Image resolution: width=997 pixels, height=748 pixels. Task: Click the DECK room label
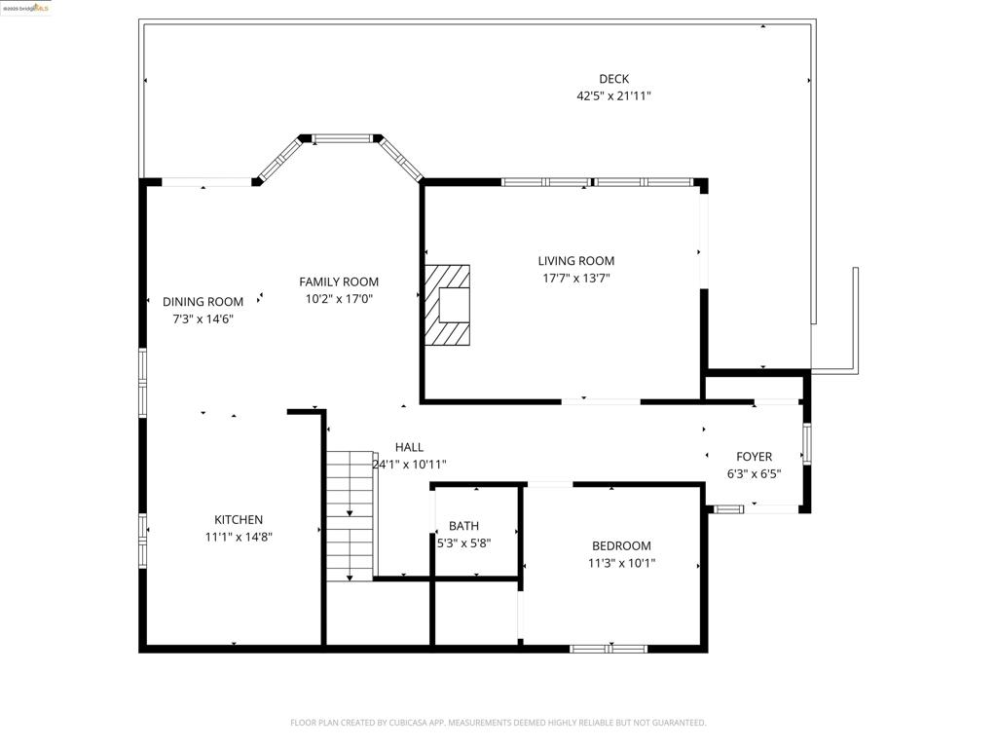pyautogui.click(x=613, y=79)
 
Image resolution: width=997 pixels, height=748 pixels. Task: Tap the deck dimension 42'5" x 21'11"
pyautogui.click(x=613, y=96)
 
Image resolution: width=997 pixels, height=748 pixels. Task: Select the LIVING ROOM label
pyautogui.click(x=576, y=261)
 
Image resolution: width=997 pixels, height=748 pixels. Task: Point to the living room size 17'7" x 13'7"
pyautogui.click(x=576, y=279)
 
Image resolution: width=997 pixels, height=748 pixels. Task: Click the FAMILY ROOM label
pyautogui.click(x=339, y=282)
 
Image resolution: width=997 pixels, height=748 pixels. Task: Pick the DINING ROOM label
pyautogui.click(x=203, y=302)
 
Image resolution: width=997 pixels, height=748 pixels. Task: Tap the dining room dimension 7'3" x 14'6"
pyautogui.click(x=203, y=318)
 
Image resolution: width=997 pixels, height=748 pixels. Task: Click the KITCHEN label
pyautogui.click(x=239, y=520)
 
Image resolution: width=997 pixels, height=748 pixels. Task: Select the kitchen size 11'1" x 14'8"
pyautogui.click(x=239, y=537)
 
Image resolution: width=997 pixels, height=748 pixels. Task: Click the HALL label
pyautogui.click(x=409, y=447)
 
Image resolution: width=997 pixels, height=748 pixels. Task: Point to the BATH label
pyautogui.click(x=463, y=526)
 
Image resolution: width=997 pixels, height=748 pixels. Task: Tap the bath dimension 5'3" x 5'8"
pyautogui.click(x=463, y=543)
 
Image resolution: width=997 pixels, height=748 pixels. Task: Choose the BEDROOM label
pyautogui.click(x=621, y=545)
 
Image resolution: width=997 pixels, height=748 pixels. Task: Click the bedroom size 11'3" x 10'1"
pyautogui.click(x=621, y=563)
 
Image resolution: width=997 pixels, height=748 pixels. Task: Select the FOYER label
pyautogui.click(x=754, y=457)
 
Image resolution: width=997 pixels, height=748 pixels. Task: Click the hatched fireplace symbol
pyautogui.click(x=447, y=305)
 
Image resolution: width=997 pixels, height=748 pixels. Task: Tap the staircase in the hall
pyautogui.click(x=350, y=516)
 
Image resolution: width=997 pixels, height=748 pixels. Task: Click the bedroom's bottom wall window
pyautogui.click(x=609, y=648)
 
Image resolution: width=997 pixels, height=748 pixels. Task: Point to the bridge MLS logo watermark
pyautogui.click(x=26, y=8)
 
